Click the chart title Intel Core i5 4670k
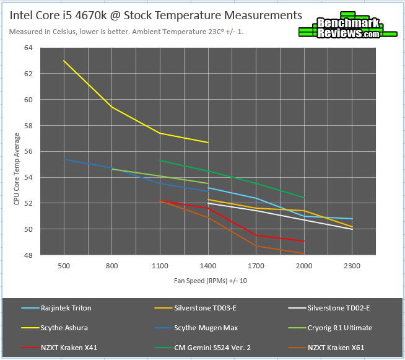(x=155, y=15)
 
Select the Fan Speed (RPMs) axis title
(x=207, y=280)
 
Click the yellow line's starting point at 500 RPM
(x=64, y=61)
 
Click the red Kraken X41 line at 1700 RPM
(x=256, y=235)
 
